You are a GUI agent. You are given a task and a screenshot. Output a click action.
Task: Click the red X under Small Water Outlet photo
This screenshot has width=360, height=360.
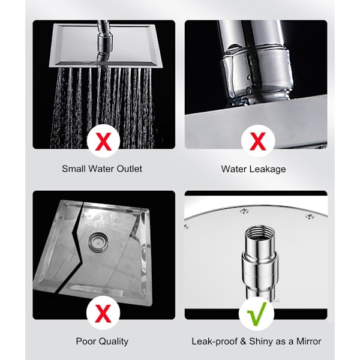coord(104,142)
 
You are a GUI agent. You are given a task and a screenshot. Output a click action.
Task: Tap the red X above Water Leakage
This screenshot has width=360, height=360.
coord(258,142)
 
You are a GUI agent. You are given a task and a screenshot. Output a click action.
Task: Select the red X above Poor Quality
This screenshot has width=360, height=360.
coord(103,313)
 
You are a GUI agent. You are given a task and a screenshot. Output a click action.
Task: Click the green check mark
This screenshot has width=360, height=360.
coord(257,314)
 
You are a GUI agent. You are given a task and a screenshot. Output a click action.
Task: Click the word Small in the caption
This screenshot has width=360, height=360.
coord(74,169)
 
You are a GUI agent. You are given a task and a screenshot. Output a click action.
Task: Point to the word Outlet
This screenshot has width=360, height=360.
coord(129,169)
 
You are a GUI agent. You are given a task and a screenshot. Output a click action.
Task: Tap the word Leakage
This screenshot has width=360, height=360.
coord(268,169)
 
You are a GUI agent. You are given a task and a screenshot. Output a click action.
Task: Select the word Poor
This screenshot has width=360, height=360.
coord(85,341)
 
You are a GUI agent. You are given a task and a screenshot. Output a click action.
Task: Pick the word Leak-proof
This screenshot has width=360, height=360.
coord(214,341)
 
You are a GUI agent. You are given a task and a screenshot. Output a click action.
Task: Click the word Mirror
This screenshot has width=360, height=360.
coord(308,341)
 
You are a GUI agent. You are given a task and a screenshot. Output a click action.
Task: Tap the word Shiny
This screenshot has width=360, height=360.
coord(262,341)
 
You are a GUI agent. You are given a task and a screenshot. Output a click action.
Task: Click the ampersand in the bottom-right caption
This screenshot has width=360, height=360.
coord(243,341)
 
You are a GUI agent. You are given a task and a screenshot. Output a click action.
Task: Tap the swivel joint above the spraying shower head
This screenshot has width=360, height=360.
coord(104,42)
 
